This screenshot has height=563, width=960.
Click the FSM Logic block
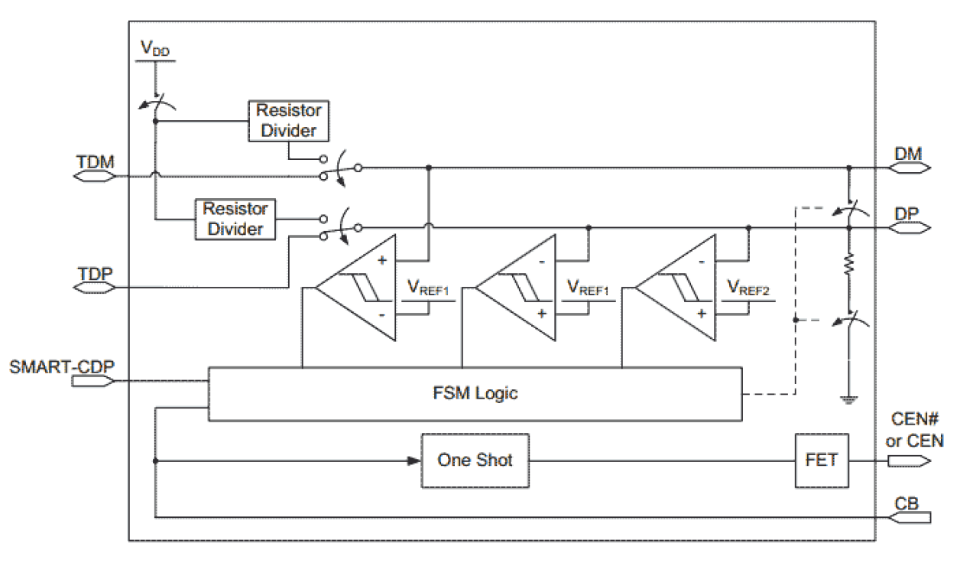474,394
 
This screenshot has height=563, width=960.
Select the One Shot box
474,460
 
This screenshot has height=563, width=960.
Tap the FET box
821,460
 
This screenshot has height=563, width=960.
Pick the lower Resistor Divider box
235,220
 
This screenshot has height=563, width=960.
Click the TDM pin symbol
93,175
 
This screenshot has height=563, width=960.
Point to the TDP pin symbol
93,288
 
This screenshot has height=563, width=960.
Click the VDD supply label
155,49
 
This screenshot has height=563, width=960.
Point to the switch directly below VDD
157,106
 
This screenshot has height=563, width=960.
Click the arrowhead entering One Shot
414,460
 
